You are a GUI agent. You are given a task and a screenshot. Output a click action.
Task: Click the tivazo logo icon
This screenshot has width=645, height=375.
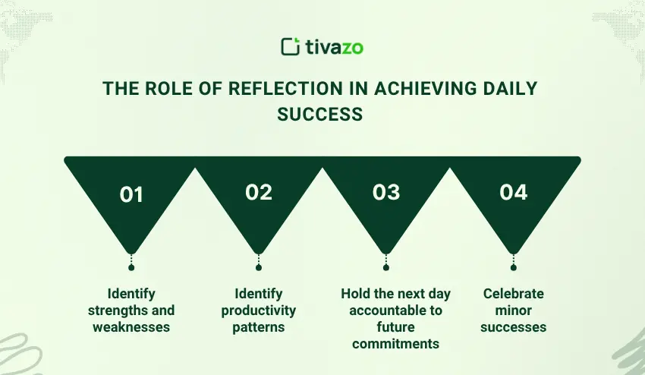tap(291, 46)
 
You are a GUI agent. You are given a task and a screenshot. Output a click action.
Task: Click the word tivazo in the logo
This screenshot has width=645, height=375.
tap(335, 47)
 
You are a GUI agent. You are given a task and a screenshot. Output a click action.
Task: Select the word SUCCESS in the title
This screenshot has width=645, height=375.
tap(320, 114)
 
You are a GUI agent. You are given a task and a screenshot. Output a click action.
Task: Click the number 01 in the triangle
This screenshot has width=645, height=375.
tap(131, 194)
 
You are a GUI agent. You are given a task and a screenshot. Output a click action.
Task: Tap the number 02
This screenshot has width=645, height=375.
tap(259, 192)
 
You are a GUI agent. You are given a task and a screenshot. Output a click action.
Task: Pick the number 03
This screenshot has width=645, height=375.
tap(385, 192)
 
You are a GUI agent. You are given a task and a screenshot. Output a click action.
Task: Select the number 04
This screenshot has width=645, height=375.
tap(514, 192)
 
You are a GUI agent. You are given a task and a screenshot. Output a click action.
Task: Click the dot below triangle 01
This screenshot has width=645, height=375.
tap(131, 267)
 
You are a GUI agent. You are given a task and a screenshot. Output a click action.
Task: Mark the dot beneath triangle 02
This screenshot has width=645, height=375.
tap(258, 267)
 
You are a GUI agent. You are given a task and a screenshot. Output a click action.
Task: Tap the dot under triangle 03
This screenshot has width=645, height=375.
tap(385, 267)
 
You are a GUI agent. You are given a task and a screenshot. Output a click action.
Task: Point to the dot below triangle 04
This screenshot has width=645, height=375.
tap(514, 267)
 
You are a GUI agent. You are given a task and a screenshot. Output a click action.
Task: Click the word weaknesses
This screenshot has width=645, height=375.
tap(131, 327)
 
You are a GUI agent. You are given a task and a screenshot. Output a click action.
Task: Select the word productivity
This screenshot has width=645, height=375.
tap(258, 310)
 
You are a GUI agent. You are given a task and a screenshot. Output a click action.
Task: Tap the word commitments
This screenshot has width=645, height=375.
tap(395, 344)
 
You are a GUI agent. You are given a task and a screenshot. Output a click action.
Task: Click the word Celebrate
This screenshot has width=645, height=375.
tap(514, 294)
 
